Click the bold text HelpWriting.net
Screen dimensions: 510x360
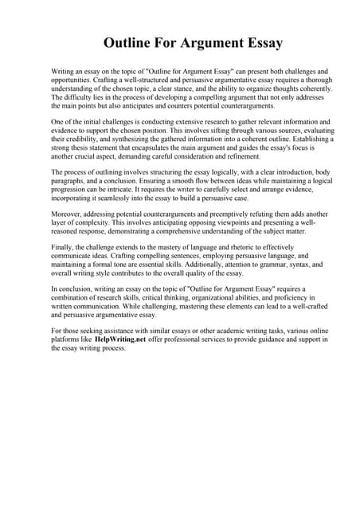pos(120,339)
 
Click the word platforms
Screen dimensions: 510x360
pos(68,339)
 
